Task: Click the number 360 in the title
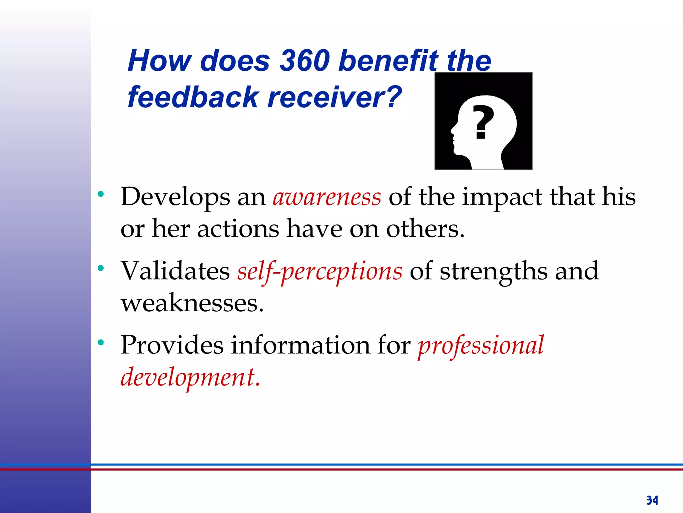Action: (304, 61)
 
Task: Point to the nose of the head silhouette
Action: (453, 130)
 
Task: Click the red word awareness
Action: (327, 197)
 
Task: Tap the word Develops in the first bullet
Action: (175, 197)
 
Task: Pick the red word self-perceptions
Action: (319, 272)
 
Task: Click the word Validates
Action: (175, 271)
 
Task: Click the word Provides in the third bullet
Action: (172, 345)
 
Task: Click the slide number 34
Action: (652, 500)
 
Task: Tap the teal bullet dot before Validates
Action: (101, 268)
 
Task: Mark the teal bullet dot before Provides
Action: (101, 342)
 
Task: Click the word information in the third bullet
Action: (300, 345)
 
